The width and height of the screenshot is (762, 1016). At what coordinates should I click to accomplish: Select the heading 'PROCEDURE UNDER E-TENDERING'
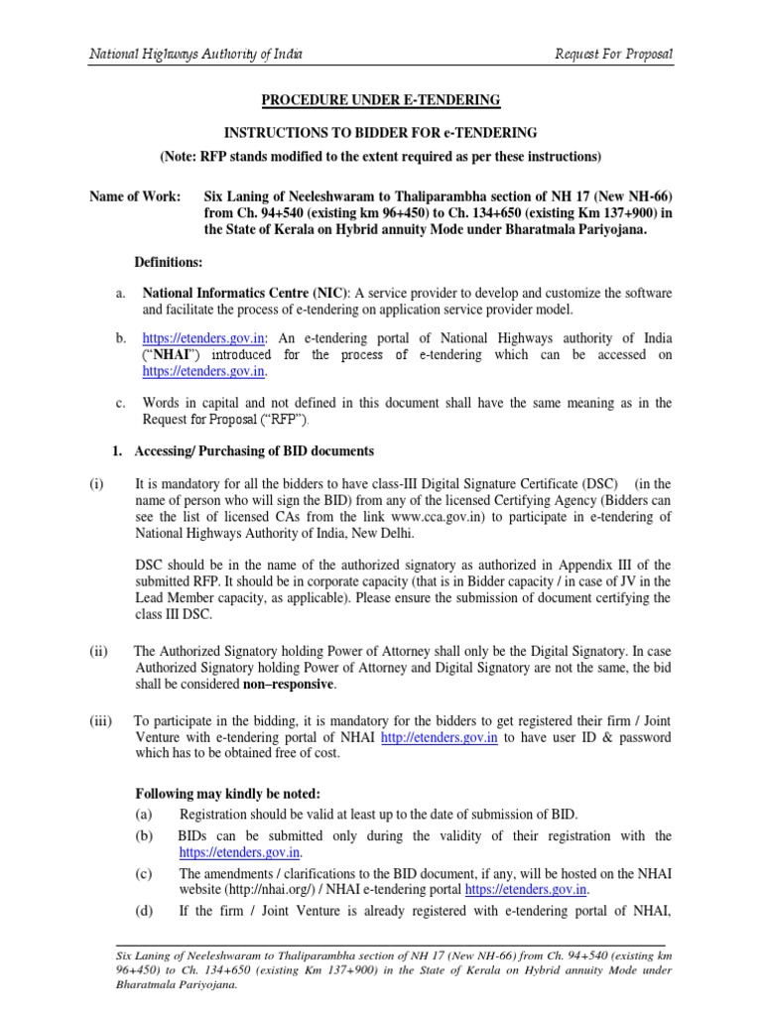380,100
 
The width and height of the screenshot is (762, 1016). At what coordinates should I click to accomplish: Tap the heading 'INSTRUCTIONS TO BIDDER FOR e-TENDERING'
380,132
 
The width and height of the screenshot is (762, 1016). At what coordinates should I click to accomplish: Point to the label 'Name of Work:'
135,197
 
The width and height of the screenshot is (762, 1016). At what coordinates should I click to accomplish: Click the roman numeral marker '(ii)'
98,652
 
